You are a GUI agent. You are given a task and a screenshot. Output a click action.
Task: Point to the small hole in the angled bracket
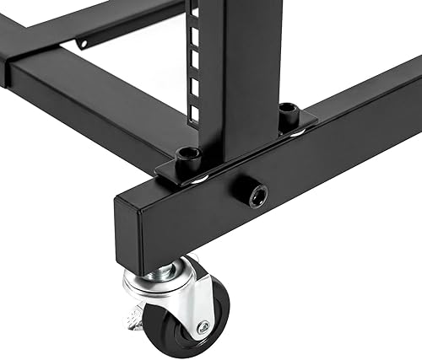[82, 42]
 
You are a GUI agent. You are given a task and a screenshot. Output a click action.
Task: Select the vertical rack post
[241, 67]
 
